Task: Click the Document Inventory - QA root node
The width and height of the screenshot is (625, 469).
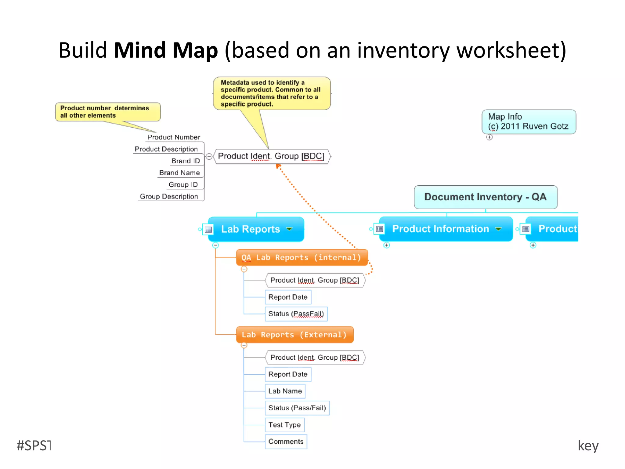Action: (x=485, y=197)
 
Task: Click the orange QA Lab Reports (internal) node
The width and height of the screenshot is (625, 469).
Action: (x=302, y=257)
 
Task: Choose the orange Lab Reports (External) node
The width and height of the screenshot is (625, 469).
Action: (x=294, y=335)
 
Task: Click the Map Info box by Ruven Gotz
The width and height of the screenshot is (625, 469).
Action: (x=529, y=122)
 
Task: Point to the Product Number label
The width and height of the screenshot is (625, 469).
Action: (x=173, y=137)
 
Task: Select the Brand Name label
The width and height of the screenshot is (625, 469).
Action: (x=179, y=173)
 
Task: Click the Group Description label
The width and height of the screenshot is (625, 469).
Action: (x=169, y=197)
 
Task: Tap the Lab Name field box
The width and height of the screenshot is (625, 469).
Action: (x=285, y=391)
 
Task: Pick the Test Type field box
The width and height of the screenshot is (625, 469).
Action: (x=284, y=425)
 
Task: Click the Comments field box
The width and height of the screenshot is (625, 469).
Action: (x=286, y=442)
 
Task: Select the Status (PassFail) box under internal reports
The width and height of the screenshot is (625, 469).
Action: (x=296, y=314)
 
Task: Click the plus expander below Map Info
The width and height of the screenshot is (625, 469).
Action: (x=490, y=137)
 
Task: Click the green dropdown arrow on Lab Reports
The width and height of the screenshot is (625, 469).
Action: (x=289, y=229)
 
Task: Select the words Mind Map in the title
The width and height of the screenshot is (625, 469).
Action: (x=166, y=50)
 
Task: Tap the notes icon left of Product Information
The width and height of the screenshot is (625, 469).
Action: (x=380, y=229)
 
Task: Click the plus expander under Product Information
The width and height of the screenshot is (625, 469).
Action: (x=387, y=245)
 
